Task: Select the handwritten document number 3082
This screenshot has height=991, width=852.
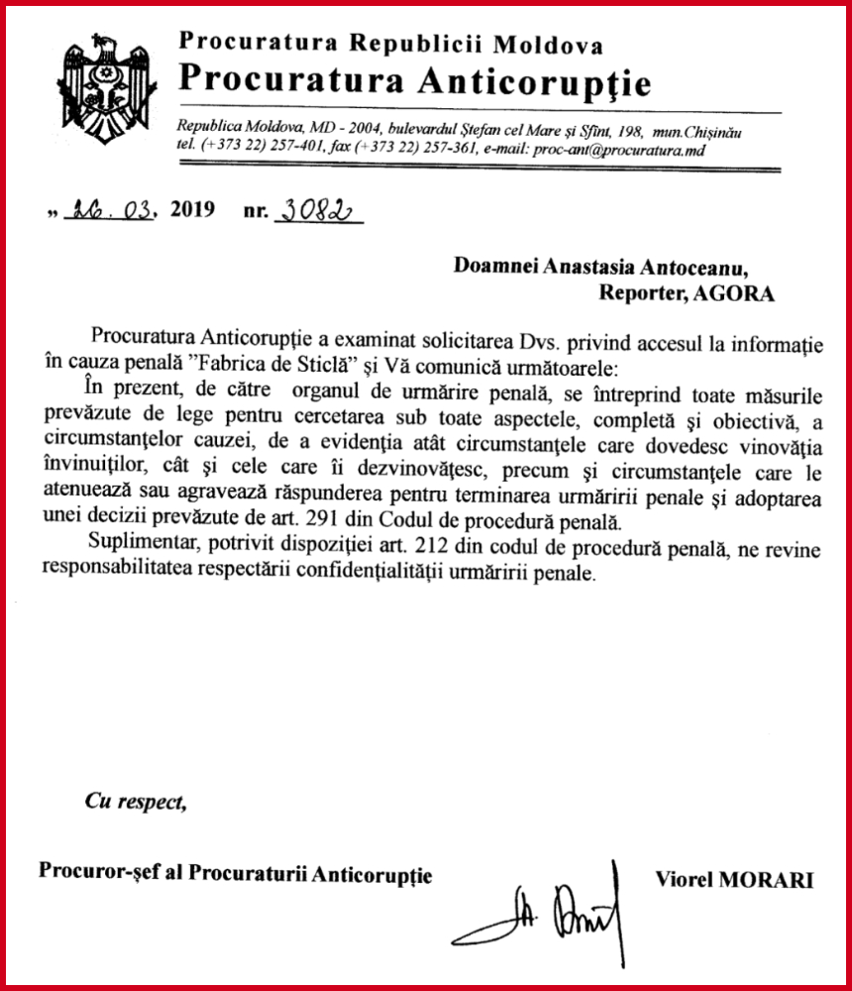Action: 317,210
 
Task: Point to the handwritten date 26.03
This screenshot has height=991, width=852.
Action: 110,211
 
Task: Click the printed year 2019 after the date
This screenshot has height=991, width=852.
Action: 191,211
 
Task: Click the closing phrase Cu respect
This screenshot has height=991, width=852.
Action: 136,802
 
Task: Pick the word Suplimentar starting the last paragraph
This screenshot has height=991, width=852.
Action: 142,552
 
